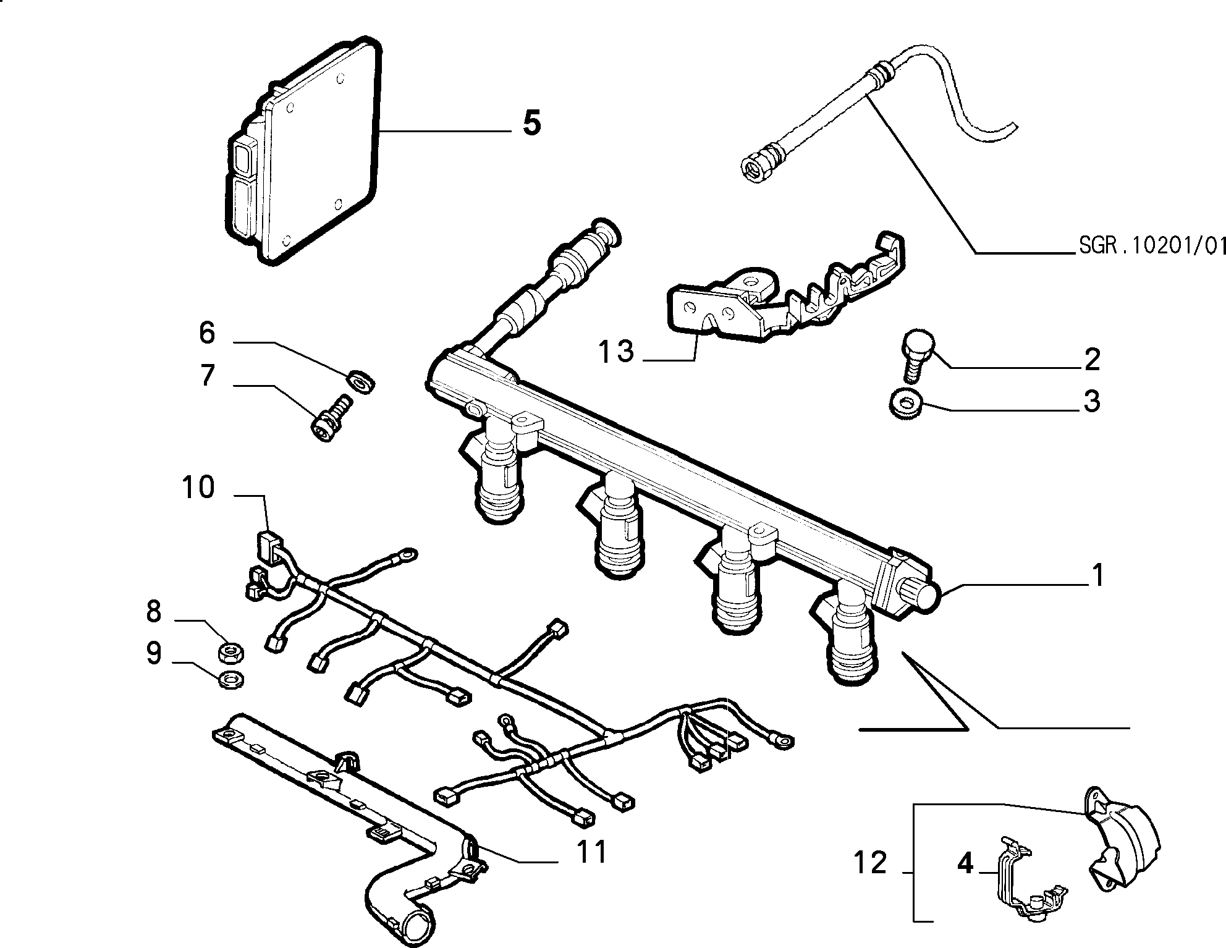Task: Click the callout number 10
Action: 198,488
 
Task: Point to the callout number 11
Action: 591,852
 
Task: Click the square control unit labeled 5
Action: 302,151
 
